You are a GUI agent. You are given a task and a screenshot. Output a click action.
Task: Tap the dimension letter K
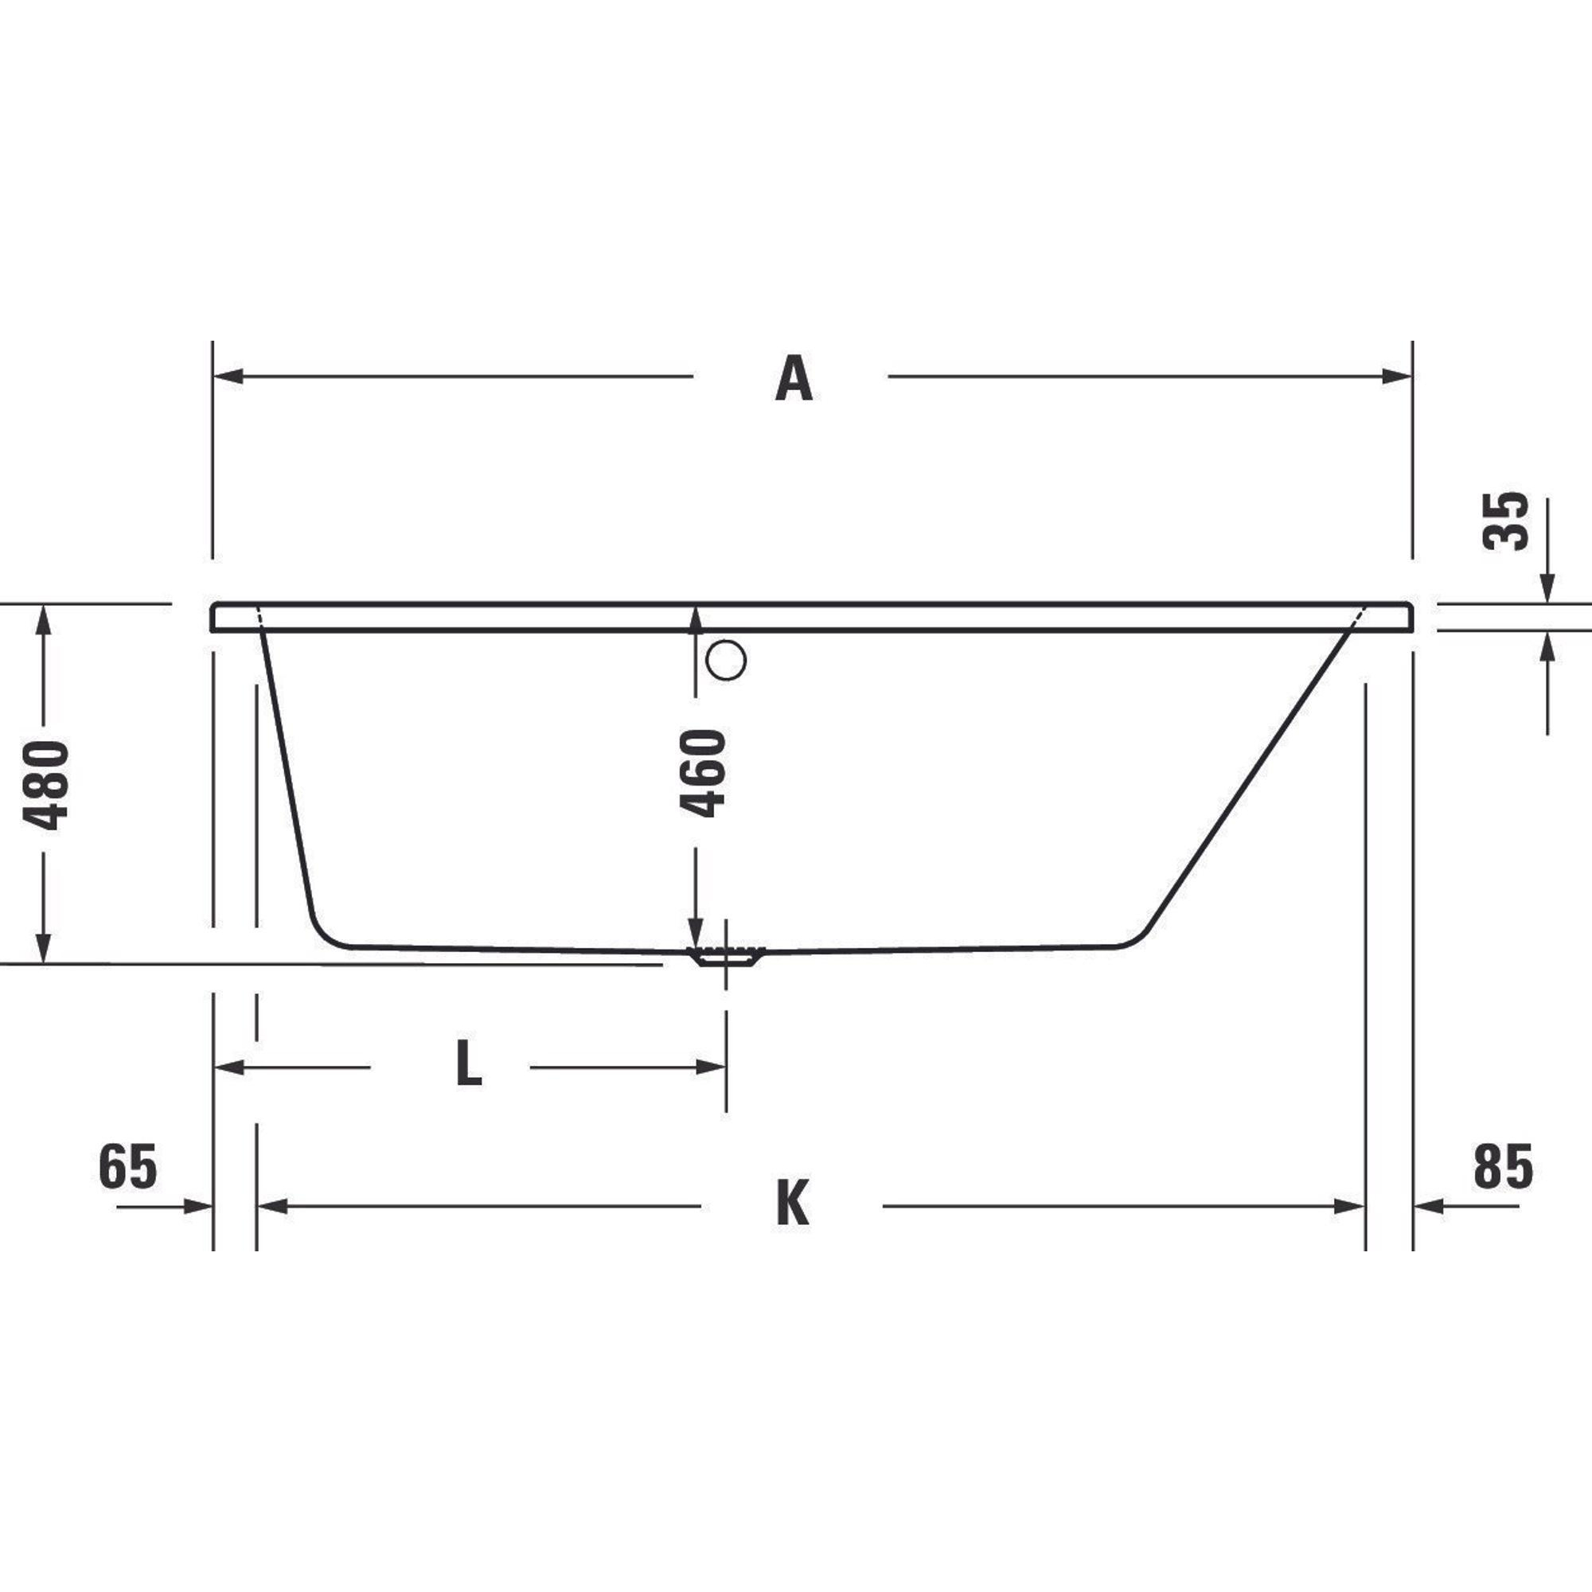click(x=793, y=1204)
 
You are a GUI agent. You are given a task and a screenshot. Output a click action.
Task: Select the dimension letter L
click(x=469, y=1063)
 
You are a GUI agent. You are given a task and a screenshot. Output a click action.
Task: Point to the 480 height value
click(x=45, y=785)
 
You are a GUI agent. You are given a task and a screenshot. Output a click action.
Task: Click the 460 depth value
click(x=703, y=773)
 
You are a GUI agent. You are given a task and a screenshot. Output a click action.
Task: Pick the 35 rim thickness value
click(x=1505, y=521)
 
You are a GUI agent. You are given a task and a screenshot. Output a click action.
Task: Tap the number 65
click(x=127, y=1167)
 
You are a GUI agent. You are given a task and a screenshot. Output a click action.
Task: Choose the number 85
click(x=1503, y=1167)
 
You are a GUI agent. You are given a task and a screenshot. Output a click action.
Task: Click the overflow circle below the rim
click(x=726, y=659)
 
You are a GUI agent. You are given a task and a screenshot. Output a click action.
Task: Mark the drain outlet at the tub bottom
click(x=726, y=957)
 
